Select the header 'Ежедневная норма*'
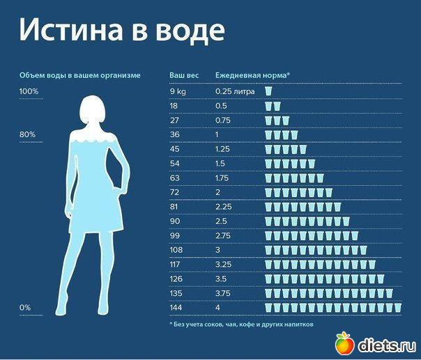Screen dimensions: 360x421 coord(252,75)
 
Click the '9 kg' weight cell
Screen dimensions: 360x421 coord(178,91)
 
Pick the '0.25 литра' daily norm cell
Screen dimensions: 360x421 coord(235,91)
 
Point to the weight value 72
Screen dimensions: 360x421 coord(174,192)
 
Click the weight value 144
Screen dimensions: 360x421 coord(176,307)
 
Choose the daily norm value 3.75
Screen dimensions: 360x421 coord(223,293)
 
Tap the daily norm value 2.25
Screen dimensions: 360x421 coord(223,207)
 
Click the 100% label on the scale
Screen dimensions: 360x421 coord(29,92)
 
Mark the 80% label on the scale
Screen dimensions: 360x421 coord(27,134)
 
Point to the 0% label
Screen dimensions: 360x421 coord(25,307)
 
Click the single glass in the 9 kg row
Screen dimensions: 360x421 coord(268,91)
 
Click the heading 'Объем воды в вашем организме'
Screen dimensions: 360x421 coord(80,75)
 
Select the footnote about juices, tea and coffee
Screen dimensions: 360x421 coord(241,324)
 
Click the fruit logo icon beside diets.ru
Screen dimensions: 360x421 coord(344,343)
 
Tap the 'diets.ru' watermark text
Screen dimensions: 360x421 coord(385,344)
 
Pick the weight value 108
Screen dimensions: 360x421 coord(176,250)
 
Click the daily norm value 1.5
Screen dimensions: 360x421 coord(220,164)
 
